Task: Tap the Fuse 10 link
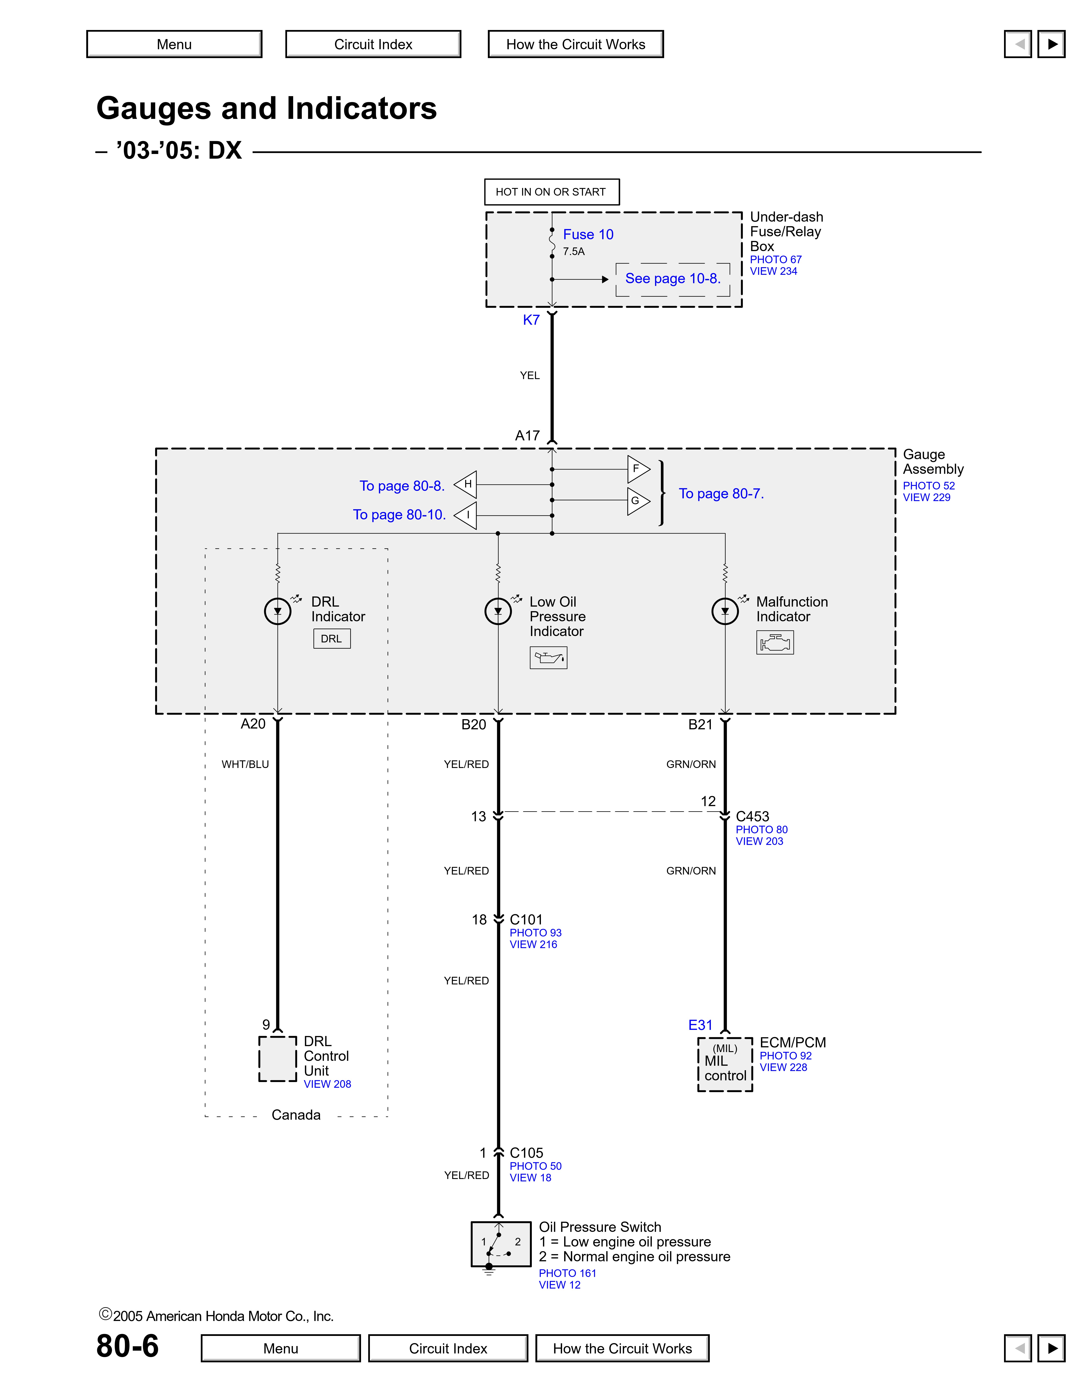(588, 234)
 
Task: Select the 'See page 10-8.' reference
(672, 278)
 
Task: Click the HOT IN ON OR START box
(551, 192)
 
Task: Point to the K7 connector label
(531, 320)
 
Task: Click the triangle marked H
(466, 485)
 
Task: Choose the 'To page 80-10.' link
(399, 515)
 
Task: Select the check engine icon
(775, 642)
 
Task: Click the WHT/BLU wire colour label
(245, 764)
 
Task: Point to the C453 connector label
(752, 816)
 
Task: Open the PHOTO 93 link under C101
(535, 933)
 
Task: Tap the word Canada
(296, 1114)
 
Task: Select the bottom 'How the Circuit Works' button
(622, 1348)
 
